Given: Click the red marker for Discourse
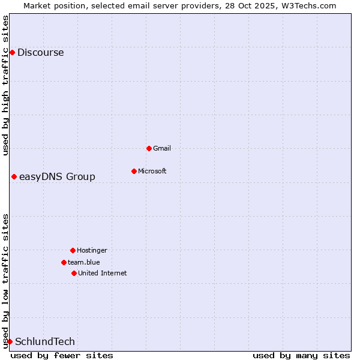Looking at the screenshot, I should [12, 53].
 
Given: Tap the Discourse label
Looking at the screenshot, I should [40, 53].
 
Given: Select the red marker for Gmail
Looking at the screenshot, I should [149, 148].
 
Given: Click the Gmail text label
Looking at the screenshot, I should [162, 148].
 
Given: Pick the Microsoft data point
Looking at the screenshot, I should [134, 171].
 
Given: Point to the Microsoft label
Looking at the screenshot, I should [152, 171].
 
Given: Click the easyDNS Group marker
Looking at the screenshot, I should [14, 176].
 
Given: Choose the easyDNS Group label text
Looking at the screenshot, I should [57, 176].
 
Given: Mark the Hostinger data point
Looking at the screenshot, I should [73, 250].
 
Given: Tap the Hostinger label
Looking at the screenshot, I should [92, 250].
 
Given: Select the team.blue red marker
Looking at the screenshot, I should [64, 262].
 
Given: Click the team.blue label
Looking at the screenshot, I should [83, 262].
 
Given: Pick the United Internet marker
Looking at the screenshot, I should [74, 273].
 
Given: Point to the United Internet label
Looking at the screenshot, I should [102, 273].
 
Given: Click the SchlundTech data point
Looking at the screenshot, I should [10, 341].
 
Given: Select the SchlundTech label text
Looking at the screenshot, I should [45, 342].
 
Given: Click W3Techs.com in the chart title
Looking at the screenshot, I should [307, 5].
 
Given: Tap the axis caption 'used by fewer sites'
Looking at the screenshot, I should [62, 355].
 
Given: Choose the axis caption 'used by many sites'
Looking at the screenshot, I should [301, 355].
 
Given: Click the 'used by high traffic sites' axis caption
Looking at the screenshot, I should [5, 85].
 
